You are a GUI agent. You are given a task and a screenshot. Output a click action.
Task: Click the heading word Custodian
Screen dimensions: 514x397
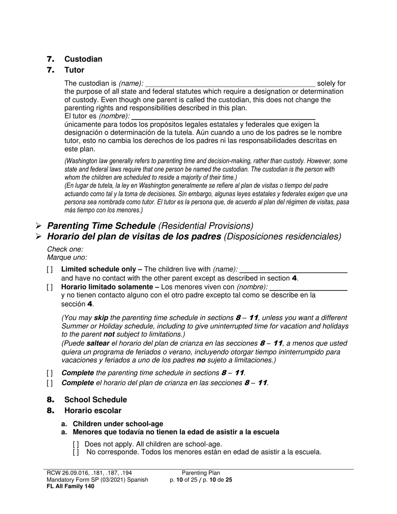click(x=83, y=59)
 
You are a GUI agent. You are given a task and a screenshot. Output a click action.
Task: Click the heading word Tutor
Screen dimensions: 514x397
click(x=74, y=70)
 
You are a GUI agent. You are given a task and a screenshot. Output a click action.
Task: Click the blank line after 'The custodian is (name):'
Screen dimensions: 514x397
click(x=230, y=84)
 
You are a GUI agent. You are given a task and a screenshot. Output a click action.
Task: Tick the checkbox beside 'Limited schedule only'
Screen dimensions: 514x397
click(x=50, y=270)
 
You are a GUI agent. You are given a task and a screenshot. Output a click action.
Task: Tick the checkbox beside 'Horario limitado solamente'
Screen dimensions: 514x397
click(x=50, y=287)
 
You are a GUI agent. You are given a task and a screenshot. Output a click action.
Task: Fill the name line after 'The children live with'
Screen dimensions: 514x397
click(x=294, y=270)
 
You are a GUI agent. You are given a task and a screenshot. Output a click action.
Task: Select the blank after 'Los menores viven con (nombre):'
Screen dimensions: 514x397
click(x=309, y=287)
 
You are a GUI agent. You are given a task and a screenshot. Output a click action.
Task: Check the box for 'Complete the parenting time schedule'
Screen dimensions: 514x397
click(x=50, y=373)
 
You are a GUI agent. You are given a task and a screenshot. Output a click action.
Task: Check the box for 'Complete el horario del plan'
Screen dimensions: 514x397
click(x=50, y=383)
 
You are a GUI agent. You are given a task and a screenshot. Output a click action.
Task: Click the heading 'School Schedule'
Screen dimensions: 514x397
click(x=95, y=400)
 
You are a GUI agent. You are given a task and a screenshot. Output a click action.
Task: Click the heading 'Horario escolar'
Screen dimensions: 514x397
click(x=93, y=411)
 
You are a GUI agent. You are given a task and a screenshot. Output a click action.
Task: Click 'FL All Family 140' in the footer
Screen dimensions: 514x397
click(x=71, y=486)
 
